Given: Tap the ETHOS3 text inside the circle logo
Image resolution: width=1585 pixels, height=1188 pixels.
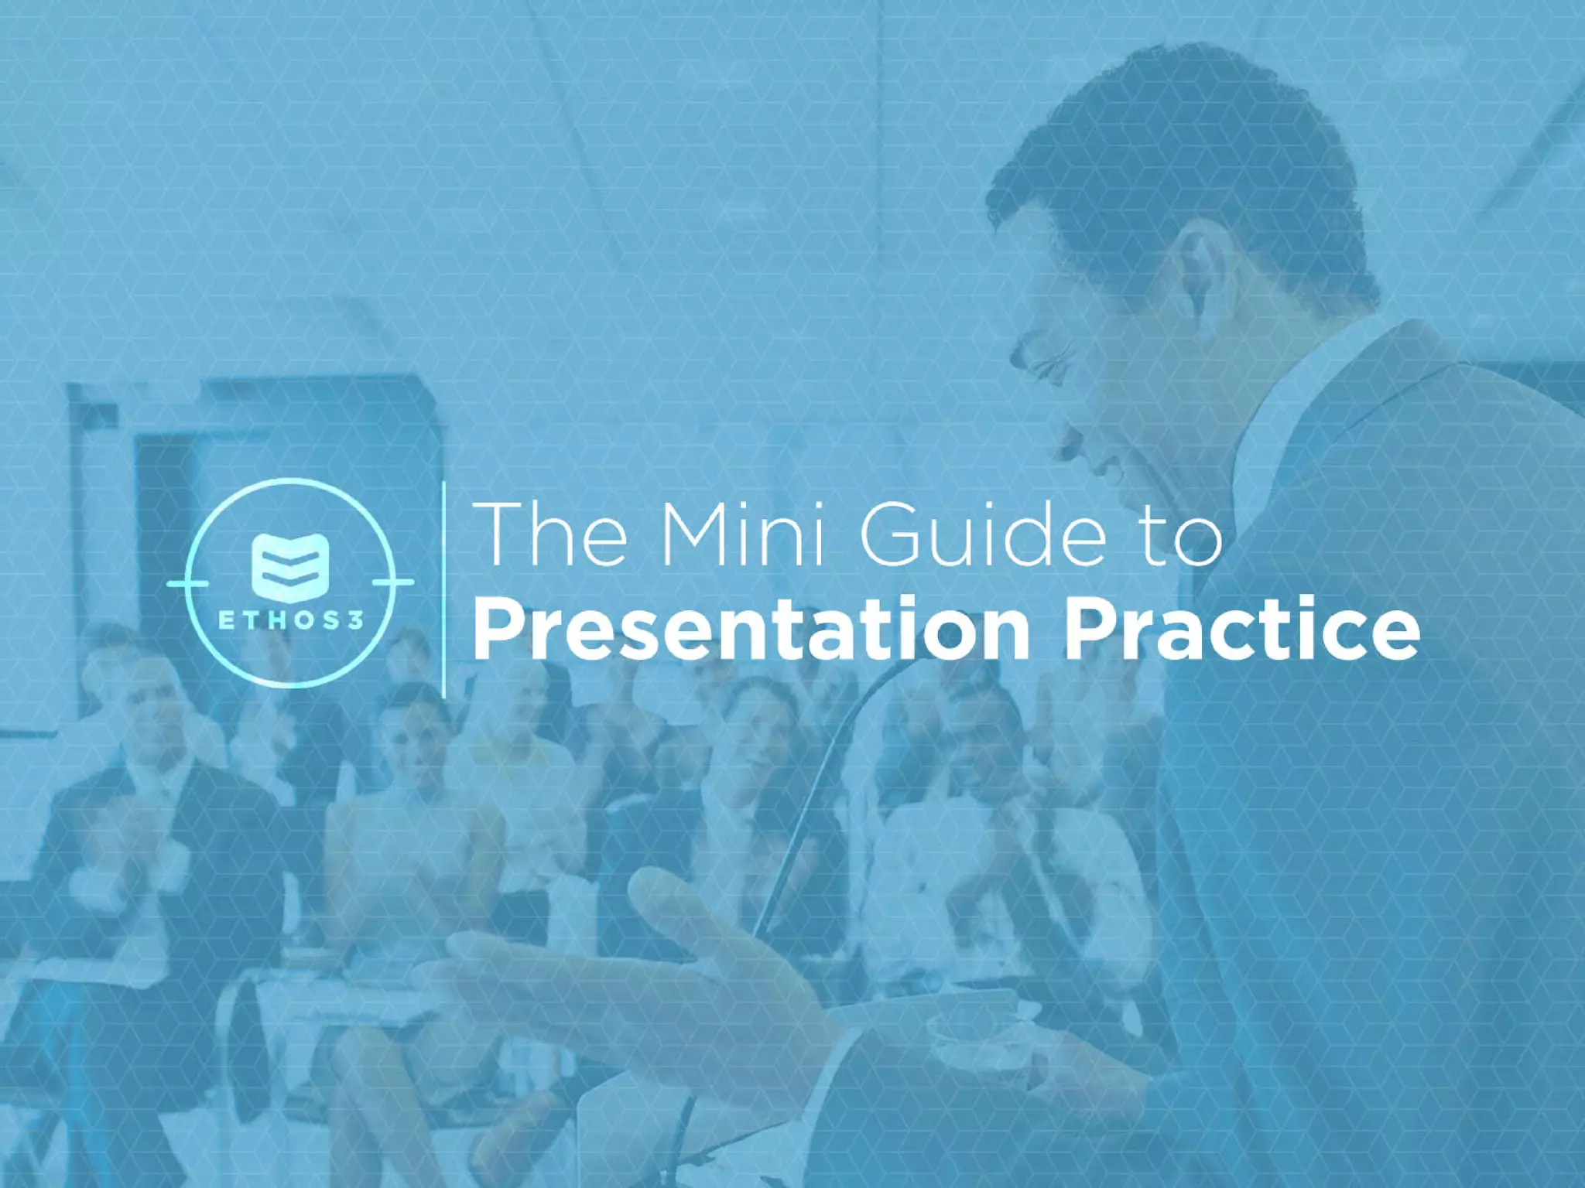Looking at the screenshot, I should pyautogui.click(x=291, y=620).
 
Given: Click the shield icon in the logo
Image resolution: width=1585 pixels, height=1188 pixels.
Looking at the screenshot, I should pyautogui.click(x=291, y=567).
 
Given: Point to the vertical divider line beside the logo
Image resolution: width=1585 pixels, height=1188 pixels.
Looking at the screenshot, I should pyautogui.click(x=443, y=588).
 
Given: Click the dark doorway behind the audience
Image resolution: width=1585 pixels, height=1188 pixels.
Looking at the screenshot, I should pyautogui.click(x=166, y=526).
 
